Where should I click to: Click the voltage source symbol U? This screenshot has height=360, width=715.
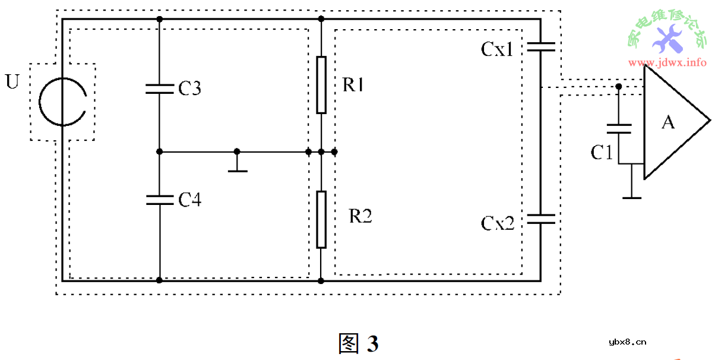click(62, 102)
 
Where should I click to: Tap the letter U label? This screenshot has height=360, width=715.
click(12, 81)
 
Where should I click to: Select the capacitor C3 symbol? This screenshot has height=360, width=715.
click(159, 89)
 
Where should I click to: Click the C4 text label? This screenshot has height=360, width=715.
click(189, 200)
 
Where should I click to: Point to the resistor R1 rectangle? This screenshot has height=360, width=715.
click(321, 84)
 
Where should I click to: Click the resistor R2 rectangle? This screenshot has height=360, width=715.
click(321, 219)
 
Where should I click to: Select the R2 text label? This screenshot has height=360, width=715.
click(361, 216)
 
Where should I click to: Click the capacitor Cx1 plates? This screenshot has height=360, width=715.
click(540, 47)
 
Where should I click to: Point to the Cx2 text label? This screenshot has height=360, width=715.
click(497, 223)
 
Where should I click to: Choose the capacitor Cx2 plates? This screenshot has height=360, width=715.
click(540, 219)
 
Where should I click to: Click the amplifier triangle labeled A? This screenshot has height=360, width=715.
click(671, 122)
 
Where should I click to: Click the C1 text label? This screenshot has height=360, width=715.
click(601, 153)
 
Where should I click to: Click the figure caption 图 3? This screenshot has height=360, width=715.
click(358, 343)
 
